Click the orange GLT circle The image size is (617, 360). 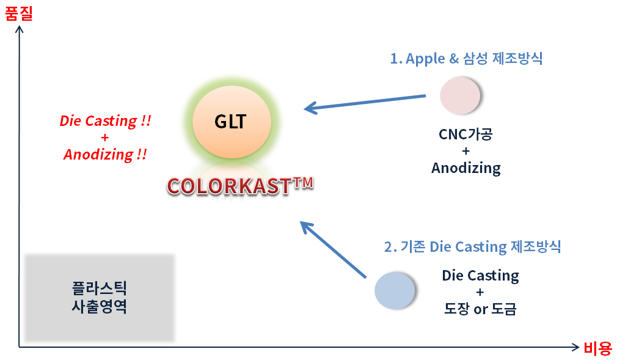[x=231, y=122]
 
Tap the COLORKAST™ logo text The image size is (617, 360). [x=239, y=186]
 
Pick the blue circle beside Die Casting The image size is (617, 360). [x=395, y=290]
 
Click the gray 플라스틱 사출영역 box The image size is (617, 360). [x=99, y=297]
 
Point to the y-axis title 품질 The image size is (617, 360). [x=19, y=13]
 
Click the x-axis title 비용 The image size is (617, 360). [x=597, y=348]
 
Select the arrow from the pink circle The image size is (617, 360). [x=365, y=103]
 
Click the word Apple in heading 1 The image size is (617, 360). [x=426, y=59]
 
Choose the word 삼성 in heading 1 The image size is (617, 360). [x=477, y=59]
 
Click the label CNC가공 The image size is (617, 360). [x=465, y=134]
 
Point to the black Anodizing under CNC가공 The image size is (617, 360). [x=465, y=168]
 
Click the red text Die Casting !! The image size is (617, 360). [x=105, y=121]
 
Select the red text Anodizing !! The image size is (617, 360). [x=105, y=155]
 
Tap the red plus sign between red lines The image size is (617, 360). [x=104, y=138]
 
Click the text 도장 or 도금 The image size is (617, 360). [x=480, y=309]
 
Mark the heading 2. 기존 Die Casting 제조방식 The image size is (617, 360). [x=472, y=247]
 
